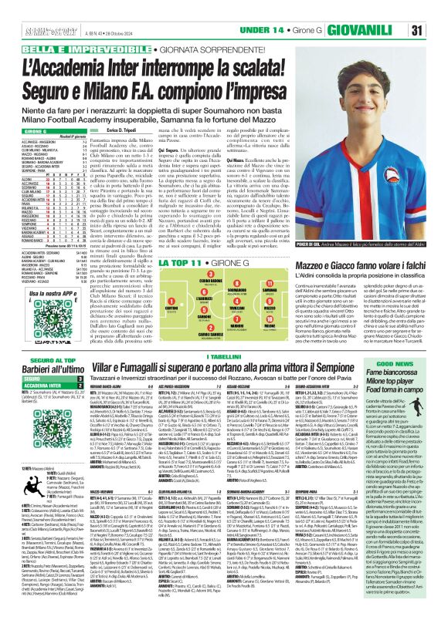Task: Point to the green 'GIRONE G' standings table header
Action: (31, 132)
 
